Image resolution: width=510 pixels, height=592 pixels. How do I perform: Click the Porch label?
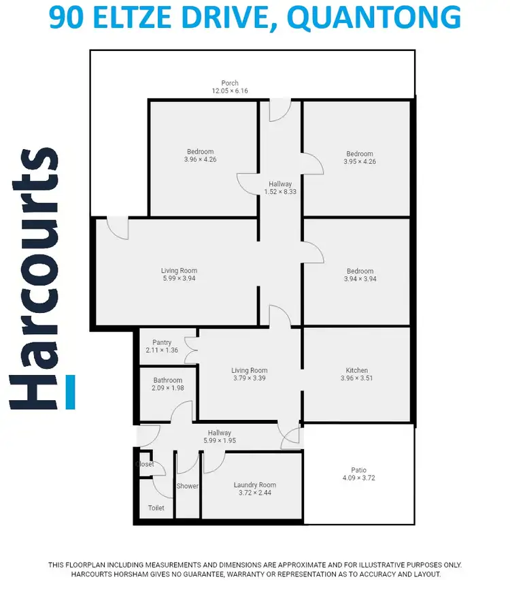click(x=230, y=83)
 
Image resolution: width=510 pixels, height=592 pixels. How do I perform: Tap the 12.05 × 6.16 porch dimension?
click(x=230, y=91)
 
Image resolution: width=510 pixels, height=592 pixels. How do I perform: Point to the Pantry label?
click(x=162, y=342)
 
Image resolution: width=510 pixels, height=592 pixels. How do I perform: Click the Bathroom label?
click(x=168, y=380)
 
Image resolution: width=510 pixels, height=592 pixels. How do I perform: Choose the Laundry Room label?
click(x=255, y=485)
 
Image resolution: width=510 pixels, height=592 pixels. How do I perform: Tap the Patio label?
click(x=358, y=470)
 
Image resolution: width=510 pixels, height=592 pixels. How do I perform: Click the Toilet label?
click(x=156, y=508)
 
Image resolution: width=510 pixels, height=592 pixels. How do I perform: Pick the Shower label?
click(x=188, y=486)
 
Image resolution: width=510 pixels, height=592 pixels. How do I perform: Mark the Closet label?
click(x=145, y=464)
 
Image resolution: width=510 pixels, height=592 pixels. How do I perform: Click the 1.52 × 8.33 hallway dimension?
click(x=280, y=192)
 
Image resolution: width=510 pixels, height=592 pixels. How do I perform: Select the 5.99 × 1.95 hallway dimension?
click(x=220, y=441)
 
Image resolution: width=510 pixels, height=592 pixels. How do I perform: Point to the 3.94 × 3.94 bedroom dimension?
click(x=360, y=278)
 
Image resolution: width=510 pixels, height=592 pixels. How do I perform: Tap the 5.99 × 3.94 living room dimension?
click(x=179, y=278)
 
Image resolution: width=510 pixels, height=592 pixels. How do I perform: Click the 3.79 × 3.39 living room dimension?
click(x=250, y=378)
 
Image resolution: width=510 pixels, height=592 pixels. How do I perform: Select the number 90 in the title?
click(x=67, y=18)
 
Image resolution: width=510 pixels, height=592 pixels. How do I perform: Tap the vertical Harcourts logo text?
click(x=34, y=279)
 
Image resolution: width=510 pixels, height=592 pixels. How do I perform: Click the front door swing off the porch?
click(x=279, y=110)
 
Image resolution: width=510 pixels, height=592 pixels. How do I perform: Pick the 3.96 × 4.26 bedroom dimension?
click(x=200, y=159)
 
